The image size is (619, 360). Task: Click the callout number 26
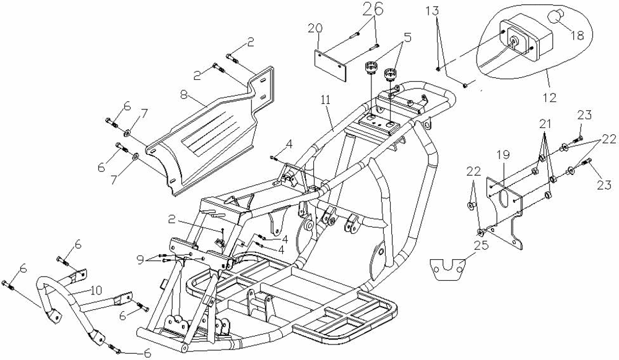click(373, 9)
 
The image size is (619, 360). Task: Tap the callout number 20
click(316, 28)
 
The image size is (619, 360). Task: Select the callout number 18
click(577, 35)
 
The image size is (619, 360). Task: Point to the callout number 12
click(550, 97)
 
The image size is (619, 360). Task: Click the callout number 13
click(433, 11)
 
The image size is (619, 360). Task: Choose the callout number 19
click(504, 155)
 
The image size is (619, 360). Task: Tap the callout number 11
click(326, 100)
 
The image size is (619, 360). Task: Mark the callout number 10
click(95, 291)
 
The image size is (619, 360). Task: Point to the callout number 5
click(407, 38)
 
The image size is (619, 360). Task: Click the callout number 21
click(545, 124)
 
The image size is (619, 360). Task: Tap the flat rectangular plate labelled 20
click(330, 65)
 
